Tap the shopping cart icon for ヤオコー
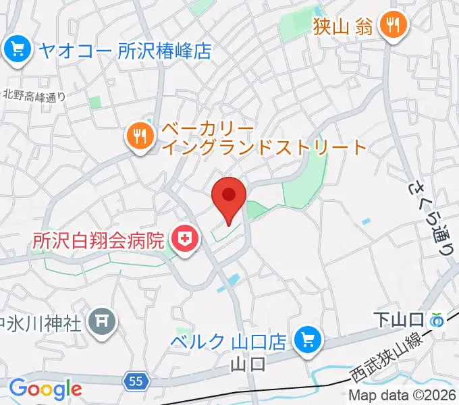14,49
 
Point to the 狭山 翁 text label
343,26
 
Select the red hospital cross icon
182,239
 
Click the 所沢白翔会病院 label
99,240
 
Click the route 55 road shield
135,382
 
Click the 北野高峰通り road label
34,96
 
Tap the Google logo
45,388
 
